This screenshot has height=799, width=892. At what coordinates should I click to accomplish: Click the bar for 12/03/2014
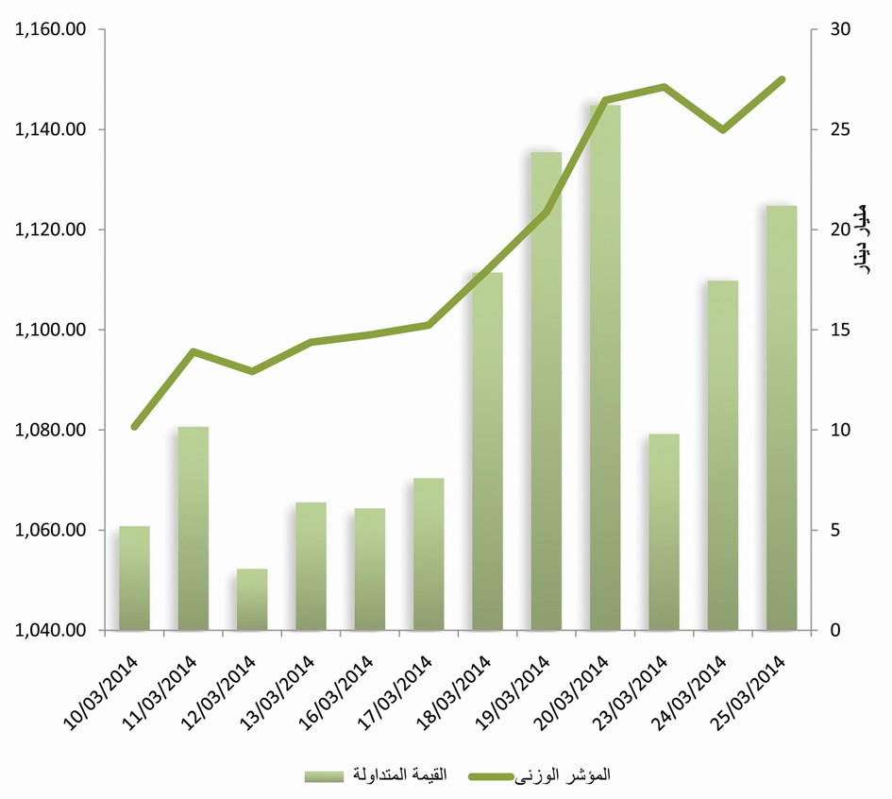click(252, 600)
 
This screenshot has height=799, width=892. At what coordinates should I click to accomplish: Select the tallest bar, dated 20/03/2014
click(605, 368)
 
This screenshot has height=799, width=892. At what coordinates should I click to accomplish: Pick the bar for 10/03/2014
click(134, 578)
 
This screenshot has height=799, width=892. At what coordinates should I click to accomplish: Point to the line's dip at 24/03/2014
click(723, 129)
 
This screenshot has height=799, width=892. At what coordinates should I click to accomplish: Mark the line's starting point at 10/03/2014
click(134, 427)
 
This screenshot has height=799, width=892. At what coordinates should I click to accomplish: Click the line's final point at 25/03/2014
click(782, 79)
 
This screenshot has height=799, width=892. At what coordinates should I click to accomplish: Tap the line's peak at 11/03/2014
click(193, 352)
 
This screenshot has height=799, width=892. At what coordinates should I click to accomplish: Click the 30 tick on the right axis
click(836, 29)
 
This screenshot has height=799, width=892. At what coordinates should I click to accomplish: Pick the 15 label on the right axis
click(836, 331)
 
